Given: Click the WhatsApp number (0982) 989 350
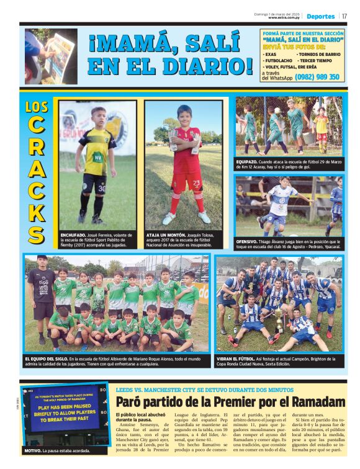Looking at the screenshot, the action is click(x=317, y=77).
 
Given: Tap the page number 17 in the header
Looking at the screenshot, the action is click(x=344, y=16).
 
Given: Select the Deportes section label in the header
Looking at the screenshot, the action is click(x=320, y=16).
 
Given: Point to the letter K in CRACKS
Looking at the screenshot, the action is click(x=36, y=211).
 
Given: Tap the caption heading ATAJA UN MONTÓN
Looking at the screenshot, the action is click(x=164, y=235).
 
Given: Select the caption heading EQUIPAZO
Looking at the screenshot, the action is click(x=247, y=161).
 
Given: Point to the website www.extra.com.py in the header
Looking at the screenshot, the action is click(x=285, y=18).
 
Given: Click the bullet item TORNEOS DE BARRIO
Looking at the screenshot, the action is click(x=320, y=55).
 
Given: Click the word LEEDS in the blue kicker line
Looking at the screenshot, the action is click(x=126, y=390).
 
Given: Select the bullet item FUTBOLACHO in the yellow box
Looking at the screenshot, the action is click(x=280, y=61).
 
